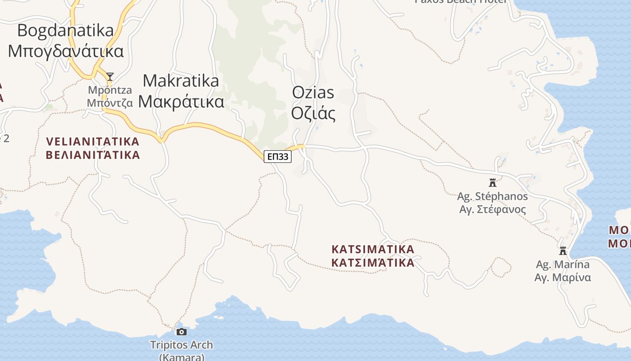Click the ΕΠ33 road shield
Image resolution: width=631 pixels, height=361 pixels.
278,157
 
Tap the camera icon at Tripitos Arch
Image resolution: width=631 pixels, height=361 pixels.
181,332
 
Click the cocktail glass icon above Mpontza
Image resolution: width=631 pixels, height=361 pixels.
110,76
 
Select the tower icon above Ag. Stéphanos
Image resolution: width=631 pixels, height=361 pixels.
492,183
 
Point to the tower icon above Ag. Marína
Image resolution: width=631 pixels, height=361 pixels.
562,250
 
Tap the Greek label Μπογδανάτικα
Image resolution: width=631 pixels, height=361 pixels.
66,51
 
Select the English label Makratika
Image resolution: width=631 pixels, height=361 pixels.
181,81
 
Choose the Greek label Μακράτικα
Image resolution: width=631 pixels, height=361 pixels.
181,102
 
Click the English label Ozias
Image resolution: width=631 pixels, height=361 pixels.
313,93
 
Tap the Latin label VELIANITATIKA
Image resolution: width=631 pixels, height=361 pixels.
93,142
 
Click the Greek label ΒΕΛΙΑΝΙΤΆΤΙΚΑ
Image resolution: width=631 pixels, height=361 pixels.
93,155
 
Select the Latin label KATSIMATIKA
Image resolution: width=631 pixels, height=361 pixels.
373,249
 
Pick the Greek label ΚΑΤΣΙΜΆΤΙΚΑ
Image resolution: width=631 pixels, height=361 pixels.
373,263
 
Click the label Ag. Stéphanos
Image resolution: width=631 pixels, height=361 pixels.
492,196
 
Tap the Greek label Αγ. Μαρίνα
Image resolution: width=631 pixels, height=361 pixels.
562,278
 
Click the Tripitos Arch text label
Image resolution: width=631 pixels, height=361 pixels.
181,345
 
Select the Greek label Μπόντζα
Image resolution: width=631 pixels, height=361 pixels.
110,103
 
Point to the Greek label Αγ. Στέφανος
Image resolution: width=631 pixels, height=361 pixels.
492,209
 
